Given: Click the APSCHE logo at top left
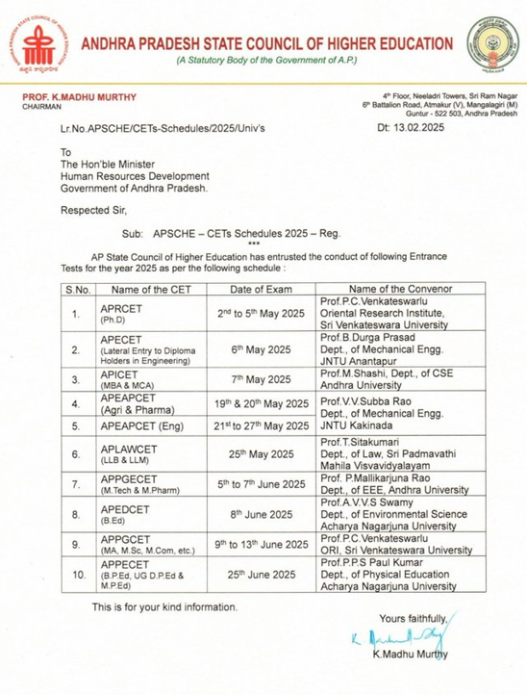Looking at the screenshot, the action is [41, 43].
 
